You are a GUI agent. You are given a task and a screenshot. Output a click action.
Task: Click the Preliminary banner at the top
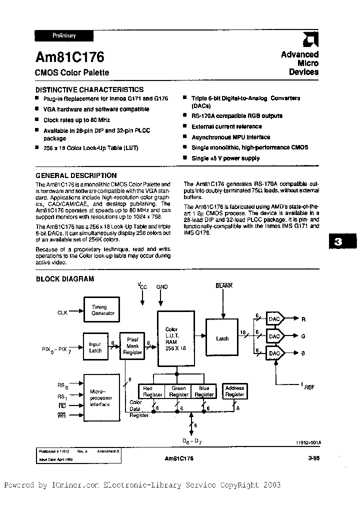point(64,35)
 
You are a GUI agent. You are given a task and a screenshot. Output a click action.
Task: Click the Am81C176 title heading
point(70,57)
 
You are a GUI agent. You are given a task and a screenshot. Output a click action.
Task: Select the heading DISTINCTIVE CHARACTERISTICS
point(89,89)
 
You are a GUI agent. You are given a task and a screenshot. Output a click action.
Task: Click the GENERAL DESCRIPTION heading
point(76,175)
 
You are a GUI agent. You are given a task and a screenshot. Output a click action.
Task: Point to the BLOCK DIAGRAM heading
point(65,278)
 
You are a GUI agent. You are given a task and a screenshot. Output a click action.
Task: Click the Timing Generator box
point(102,310)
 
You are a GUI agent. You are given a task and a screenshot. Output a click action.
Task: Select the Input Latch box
point(94,347)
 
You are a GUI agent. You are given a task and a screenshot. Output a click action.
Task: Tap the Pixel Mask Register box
point(132,345)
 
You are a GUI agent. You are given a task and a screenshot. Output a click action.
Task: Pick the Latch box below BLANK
point(222,338)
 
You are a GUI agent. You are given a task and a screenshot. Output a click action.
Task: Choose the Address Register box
point(234,391)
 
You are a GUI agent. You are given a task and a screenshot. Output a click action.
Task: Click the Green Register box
point(178,391)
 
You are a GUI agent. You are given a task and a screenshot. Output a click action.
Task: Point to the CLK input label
point(62,312)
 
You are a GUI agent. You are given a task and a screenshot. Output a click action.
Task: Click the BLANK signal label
point(224,285)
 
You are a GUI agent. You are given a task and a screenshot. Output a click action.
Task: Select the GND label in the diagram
point(161,287)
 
